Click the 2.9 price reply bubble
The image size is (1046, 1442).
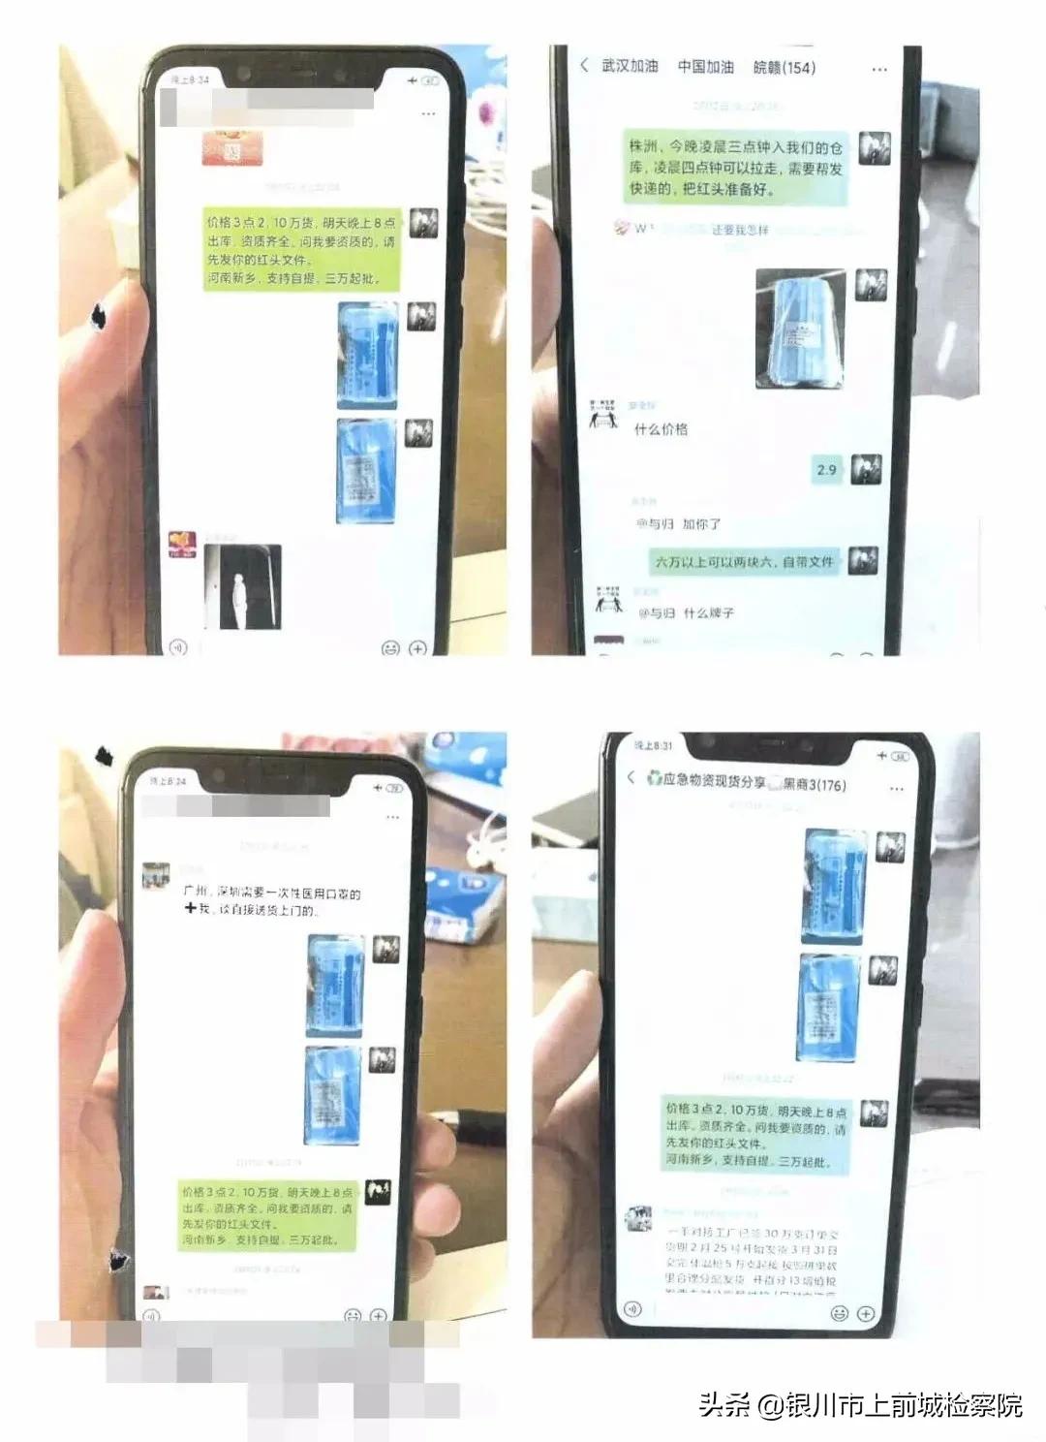826,470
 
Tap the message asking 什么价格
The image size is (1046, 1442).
661,429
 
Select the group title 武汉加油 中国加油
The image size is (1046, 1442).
668,67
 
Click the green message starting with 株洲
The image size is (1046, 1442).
735,168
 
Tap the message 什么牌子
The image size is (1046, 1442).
708,613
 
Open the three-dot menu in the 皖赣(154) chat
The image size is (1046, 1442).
879,70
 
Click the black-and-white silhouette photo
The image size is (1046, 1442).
243,586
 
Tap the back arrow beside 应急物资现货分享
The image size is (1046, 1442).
631,777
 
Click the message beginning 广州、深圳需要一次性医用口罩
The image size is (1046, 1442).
271,901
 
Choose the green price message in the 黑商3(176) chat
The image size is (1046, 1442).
755,1134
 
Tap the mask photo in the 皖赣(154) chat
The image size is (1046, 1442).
800,329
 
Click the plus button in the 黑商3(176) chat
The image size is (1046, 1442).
866,1313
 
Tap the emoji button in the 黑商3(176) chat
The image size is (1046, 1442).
839,1313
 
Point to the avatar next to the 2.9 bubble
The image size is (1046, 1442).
866,469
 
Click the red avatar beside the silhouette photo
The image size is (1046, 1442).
182,544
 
